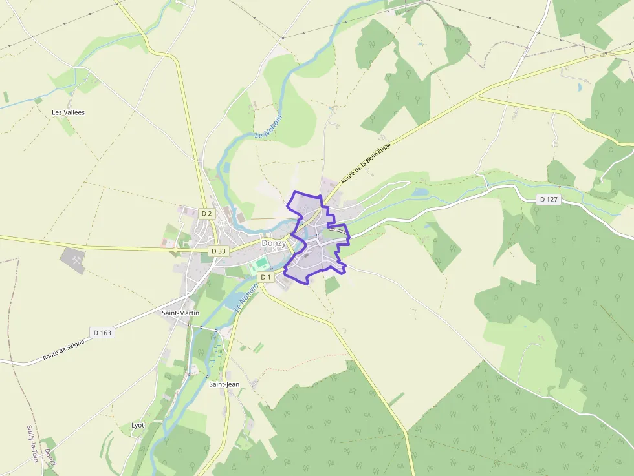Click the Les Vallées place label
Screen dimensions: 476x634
tap(68, 112)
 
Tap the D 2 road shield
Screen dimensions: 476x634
tap(206, 213)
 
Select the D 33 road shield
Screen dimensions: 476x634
tap(219, 251)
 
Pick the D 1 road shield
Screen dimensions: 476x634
tap(266, 277)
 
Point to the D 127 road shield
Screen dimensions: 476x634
tap(548, 199)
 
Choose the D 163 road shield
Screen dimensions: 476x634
tap(102, 333)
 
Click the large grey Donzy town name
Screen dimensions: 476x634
tap(274, 243)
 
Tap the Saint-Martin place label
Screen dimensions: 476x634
tap(180, 313)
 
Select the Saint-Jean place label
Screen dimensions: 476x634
tap(224, 384)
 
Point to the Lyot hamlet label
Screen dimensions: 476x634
tap(138, 425)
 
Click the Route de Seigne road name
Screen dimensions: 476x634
tap(63, 349)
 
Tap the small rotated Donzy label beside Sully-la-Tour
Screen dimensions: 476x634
tap(50, 457)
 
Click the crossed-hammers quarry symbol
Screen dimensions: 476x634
tap(72, 260)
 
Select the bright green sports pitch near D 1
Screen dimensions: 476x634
tap(261, 264)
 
